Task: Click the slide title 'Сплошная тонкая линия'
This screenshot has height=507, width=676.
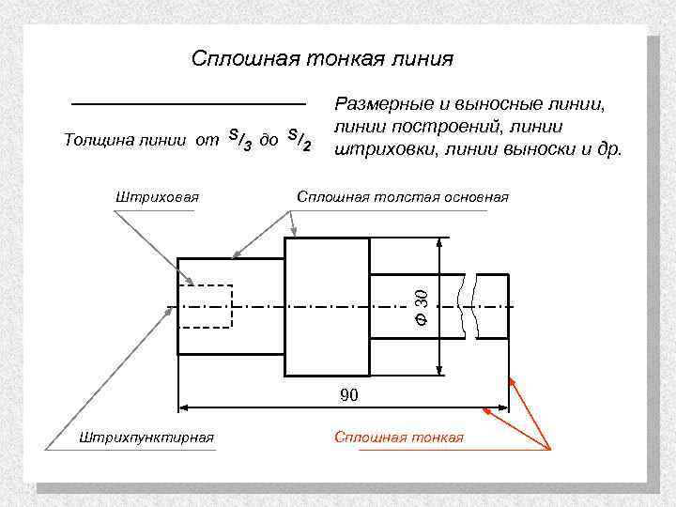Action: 322,59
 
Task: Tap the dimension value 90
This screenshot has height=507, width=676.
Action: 348,395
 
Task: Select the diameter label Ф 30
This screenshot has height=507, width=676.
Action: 422,307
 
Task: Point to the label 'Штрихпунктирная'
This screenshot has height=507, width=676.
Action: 147,438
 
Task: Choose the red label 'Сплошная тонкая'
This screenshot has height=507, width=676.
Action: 399,438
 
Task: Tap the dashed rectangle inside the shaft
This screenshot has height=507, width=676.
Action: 206,302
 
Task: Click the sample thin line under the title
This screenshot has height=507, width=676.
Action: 189,101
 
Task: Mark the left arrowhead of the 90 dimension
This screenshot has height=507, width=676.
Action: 185,408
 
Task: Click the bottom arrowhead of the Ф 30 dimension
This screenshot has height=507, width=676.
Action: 439,370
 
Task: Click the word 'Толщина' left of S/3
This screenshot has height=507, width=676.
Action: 93,141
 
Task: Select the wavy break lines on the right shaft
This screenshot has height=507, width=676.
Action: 469,305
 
